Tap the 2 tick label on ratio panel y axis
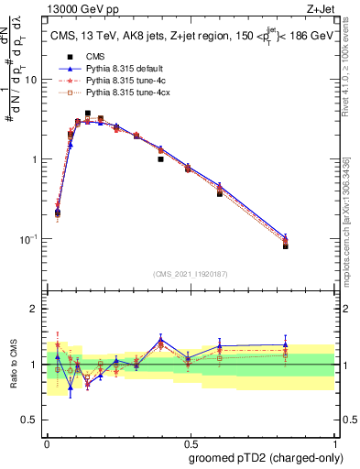click(x=35, y=309)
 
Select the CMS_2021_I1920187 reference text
click(x=190, y=273)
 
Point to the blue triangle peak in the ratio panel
click(x=161, y=339)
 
